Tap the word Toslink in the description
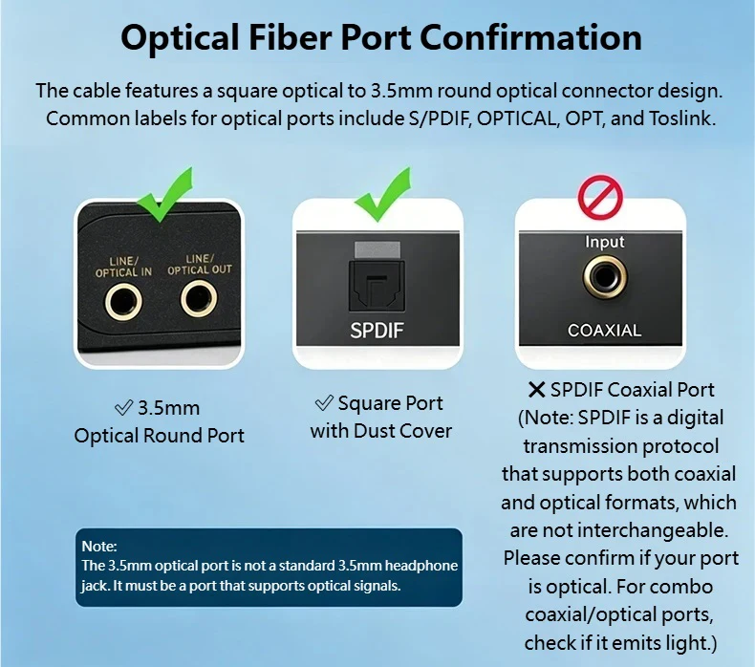[x=680, y=118]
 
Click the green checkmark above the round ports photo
[x=163, y=195]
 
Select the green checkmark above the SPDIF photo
[x=383, y=194]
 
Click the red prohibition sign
[x=600, y=198]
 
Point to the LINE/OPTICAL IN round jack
[x=123, y=302]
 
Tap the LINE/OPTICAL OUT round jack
[x=199, y=298]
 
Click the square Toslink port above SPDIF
[x=377, y=285]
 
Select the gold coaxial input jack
[x=605, y=277]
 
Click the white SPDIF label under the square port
[x=377, y=331]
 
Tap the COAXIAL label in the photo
[x=604, y=331]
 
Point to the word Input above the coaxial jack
[x=604, y=241]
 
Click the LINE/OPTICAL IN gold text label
[x=123, y=267]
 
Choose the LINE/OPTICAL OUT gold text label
[x=200, y=265]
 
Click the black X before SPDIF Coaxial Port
[x=536, y=390]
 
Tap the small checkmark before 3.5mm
[x=123, y=408]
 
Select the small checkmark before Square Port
[x=324, y=403]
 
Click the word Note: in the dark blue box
[x=99, y=547]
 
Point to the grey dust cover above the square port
[x=377, y=250]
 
